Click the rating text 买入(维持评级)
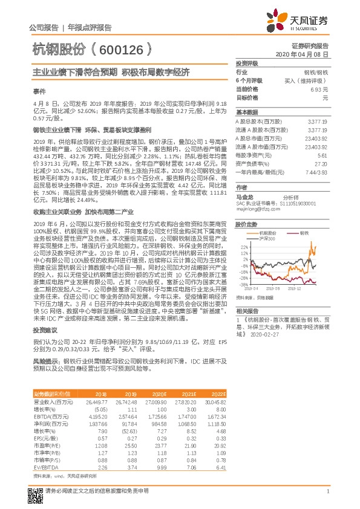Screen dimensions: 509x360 coord(309,80)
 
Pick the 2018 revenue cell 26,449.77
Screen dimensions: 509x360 coord(97,401)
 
